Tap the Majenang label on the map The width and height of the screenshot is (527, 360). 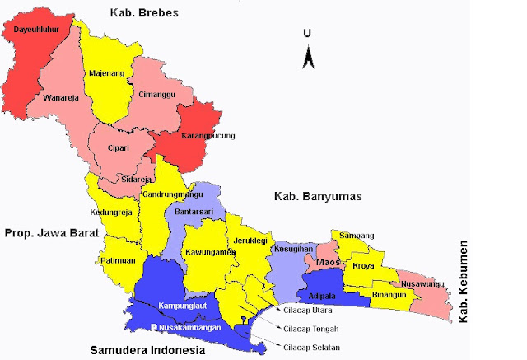[x=105, y=73]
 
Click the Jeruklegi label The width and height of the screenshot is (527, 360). [x=250, y=241]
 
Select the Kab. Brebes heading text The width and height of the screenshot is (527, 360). [x=145, y=13]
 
